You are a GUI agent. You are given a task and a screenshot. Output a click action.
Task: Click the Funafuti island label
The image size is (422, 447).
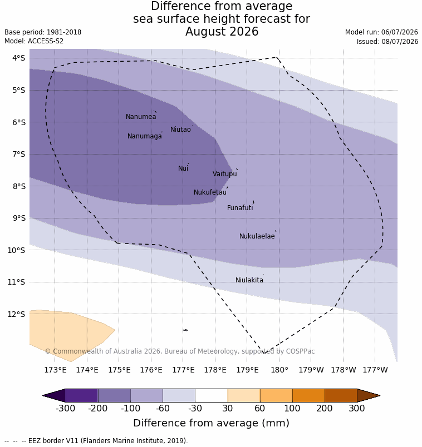coord(240,208)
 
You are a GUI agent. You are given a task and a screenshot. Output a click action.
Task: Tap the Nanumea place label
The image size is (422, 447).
coord(141,117)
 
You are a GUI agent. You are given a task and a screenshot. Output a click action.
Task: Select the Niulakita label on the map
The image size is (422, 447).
coord(249,280)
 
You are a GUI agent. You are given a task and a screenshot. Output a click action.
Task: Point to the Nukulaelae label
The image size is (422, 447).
coord(257,236)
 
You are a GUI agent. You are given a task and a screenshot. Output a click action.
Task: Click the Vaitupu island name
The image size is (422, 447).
coord(225,174)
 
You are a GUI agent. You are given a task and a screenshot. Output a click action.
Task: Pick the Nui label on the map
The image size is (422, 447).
coord(183,168)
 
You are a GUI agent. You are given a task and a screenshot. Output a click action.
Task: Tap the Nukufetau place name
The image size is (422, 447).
coord(210,192)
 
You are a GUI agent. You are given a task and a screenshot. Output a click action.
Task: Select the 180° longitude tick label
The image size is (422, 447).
coord(279,370)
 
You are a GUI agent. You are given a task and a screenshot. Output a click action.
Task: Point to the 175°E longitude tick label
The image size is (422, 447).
coord(119,370)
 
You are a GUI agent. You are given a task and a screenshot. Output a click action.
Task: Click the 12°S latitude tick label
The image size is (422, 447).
coord(17,314)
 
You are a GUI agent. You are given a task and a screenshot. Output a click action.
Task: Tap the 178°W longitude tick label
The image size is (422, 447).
coord(344,370)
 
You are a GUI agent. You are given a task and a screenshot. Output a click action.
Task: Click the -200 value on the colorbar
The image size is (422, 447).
coord(97,408)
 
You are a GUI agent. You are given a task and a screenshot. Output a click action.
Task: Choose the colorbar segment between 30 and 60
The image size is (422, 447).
coord(244,395)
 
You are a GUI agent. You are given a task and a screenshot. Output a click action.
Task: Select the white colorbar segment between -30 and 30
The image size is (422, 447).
coord(212,395)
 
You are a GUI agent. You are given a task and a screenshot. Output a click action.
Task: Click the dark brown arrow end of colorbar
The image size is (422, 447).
coord(368,395)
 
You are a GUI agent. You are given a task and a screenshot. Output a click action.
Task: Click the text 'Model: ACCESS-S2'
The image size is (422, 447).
coord(34,41)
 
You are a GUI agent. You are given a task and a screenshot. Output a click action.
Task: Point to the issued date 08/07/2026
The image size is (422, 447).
coord(400,42)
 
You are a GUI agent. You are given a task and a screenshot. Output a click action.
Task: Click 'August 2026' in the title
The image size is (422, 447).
coord(222,31)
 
